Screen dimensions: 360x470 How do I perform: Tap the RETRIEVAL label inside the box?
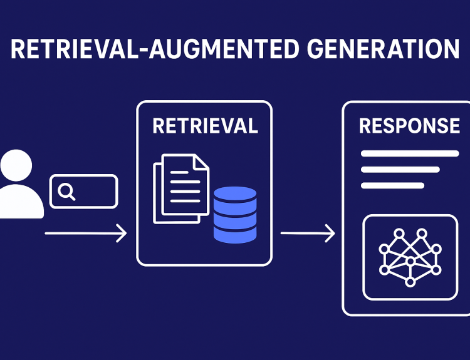click(205, 126)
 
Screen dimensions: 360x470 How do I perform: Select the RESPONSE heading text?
click(409, 126)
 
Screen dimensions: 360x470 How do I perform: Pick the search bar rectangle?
click(84, 191)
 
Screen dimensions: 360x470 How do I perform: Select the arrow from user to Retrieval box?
click(86, 234)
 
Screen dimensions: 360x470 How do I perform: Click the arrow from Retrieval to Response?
click(307, 234)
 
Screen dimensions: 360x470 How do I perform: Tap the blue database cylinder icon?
click(235, 215)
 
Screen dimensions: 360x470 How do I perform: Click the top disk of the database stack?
click(235, 193)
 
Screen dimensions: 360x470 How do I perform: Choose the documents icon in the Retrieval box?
click(181, 188)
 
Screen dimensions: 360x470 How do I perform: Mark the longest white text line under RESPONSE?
click(410, 153)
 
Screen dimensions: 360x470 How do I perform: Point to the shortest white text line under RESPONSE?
click(393, 185)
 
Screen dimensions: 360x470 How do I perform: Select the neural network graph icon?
click(410, 257)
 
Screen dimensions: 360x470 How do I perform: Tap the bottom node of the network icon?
click(410, 282)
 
